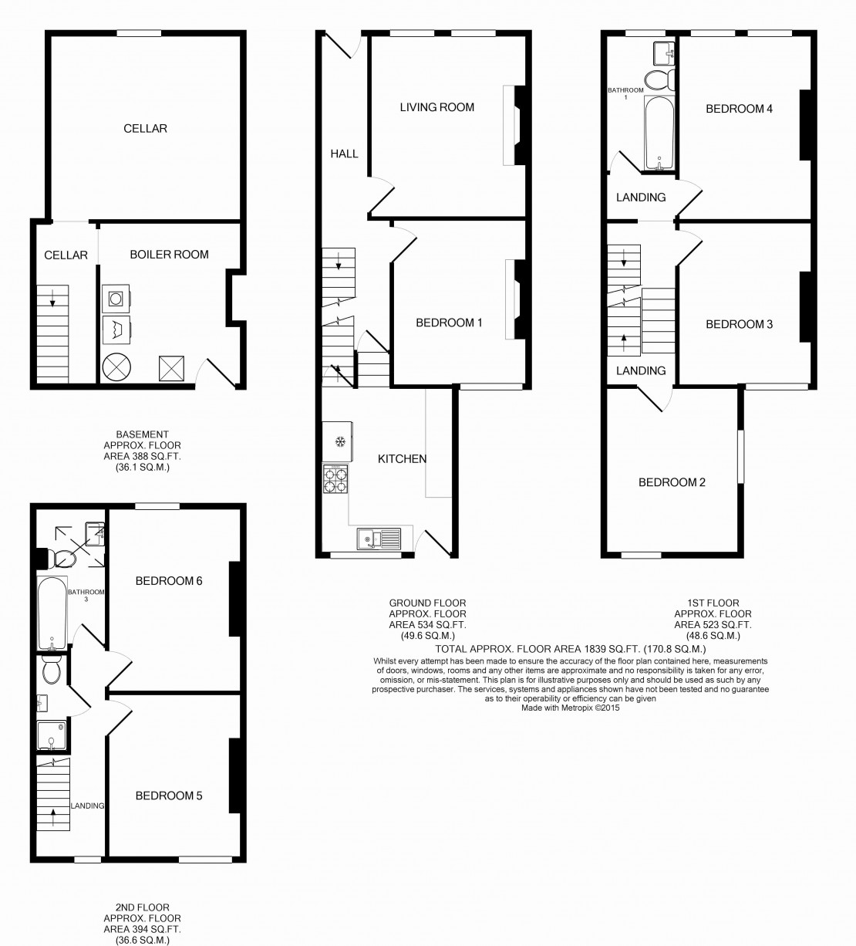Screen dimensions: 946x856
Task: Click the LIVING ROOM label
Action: (436, 107)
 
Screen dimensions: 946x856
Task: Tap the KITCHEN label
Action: (402, 459)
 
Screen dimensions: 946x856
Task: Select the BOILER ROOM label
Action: (169, 254)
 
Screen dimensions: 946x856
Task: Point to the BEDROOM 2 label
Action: (672, 482)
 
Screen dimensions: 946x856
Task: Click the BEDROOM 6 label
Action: (169, 580)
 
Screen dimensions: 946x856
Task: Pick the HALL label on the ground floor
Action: (344, 154)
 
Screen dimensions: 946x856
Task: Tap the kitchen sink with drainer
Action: (379, 536)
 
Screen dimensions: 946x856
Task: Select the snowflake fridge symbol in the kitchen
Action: (338, 441)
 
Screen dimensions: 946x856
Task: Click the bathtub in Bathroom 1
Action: (659, 133)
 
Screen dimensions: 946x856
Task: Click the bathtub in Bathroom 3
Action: (52, 613)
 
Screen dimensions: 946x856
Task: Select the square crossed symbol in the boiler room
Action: (170, 368)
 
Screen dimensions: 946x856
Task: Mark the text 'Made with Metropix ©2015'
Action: (571, 707)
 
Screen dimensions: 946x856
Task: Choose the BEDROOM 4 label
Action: (739, 109)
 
